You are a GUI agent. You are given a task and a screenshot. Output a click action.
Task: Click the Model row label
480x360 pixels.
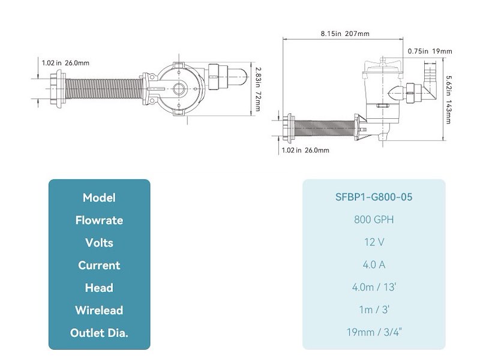(99, 197)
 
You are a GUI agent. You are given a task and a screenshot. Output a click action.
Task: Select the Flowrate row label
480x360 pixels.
(99, 220)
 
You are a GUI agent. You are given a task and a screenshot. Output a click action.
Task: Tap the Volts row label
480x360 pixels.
(99, 243)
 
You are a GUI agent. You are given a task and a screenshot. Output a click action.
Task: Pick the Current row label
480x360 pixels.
(99, 265)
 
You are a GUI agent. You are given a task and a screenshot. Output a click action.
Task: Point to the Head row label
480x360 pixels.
(99, 288)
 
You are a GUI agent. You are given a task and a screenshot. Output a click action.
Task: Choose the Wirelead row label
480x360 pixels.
(99, 310)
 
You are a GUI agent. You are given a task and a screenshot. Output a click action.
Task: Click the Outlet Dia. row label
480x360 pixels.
(99, 333)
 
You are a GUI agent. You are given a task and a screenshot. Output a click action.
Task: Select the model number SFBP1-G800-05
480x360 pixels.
(374, 197)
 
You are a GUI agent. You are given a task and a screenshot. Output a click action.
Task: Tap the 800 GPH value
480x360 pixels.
(374, 220)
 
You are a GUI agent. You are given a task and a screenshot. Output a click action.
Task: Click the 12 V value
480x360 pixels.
(374, 242)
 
